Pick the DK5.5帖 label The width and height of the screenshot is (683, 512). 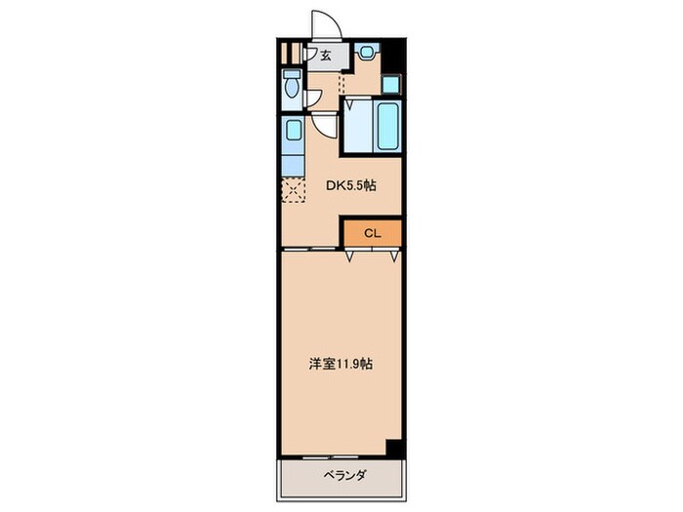pyautogui.click(x=351, y=185)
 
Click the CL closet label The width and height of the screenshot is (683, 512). pyautogui.click(x=372, y=233)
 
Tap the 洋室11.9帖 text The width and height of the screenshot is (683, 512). pyautogui.click(x=341, y=364)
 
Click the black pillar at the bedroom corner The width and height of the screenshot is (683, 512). pyautogui.click(x=393, y=448)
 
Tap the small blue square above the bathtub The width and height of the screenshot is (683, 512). pyautogui.click(x=389, y=84)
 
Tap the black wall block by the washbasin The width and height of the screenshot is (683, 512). pyautogui.click(x=392, y=55)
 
